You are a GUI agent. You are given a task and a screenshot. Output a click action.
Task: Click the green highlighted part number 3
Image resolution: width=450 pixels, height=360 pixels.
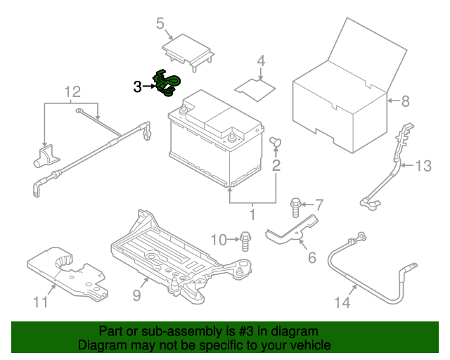tap(168, 83)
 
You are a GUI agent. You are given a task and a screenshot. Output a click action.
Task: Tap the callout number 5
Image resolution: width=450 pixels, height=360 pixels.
tap(160, 25)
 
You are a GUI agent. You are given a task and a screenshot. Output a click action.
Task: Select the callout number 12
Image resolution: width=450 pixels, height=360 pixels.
tap(72, 91)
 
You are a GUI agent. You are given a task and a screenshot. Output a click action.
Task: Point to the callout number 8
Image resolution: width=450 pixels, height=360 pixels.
tap(405, 101)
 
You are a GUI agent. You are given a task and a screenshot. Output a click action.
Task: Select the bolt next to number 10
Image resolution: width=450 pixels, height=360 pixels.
tap(245, 239)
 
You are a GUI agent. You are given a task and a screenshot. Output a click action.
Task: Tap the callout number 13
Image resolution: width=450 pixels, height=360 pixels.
tap(423, 167)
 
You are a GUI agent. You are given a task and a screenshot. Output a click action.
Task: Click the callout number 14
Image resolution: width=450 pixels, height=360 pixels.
tap(342, 303)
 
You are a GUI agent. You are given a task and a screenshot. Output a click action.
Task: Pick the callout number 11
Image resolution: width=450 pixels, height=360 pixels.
tap(41, 302)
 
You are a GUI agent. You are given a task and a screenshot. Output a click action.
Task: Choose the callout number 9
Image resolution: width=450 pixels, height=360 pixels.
tap(136, 296)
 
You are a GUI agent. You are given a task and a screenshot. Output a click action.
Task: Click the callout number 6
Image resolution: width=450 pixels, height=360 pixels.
tap(311, 257)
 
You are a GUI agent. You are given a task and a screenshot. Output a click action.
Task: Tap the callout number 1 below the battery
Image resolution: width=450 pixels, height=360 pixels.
tap(253, 214)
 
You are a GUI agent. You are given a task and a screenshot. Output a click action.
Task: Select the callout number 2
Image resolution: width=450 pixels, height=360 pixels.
tap(276, 166)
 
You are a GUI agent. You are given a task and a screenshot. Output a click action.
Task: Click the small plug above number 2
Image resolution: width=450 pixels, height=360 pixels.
tap(275, 143)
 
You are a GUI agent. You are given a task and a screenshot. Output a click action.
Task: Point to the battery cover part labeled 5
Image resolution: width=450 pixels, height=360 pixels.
tap(187, 51)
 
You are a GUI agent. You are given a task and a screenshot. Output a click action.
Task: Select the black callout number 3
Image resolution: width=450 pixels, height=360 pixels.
tap(137, 86)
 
